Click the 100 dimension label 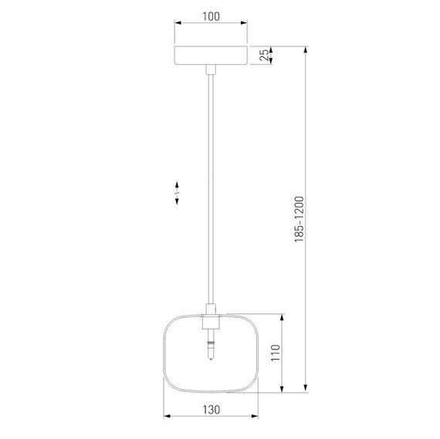point(211,16)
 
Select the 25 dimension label point(264,56)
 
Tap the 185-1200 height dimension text point(300,219)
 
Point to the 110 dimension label point(276,353)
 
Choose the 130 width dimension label point(211,410)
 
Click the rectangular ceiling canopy point(211,56)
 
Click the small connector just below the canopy point(211,69)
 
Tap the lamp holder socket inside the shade point(211,322)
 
